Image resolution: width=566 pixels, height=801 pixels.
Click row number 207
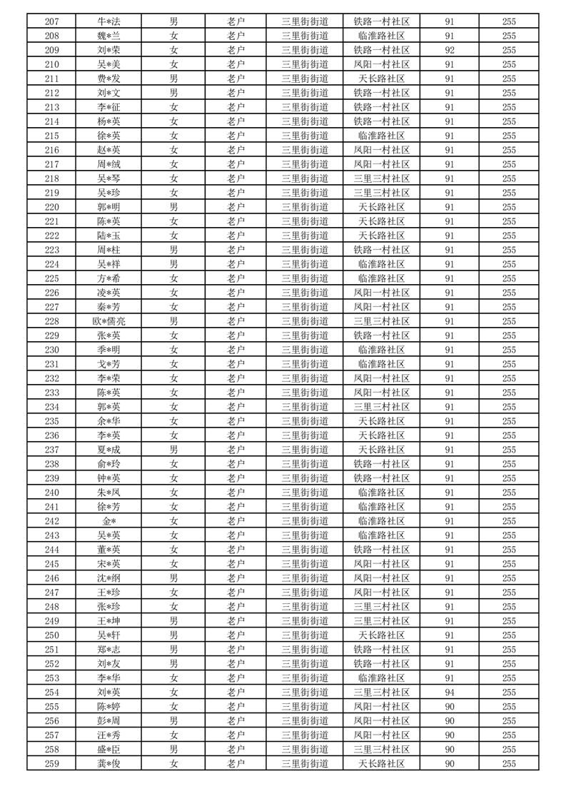(x=51, y=21)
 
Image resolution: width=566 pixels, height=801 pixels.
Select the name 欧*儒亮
(x=109, y=321)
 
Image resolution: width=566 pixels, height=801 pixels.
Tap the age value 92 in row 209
(x=450, y=50)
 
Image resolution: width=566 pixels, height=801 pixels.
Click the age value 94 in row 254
(x=450, y=692)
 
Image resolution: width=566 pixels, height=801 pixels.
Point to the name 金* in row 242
(x=109, y=521)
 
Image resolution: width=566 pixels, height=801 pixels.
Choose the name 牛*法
(x=109, y=21)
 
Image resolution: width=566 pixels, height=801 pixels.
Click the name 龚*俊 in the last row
(x=109, y=764)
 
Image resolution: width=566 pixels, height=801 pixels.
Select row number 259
(x=51, y=764)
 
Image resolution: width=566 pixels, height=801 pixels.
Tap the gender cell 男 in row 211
(x=173, y=79)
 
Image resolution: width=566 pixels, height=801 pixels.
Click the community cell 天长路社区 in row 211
(x=382, y=79)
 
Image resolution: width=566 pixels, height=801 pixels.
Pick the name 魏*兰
(x=109, y=36)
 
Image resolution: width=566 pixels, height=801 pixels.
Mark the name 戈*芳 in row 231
(x=109, y=364)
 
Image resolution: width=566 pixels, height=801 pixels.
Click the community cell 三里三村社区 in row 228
(x=382, y=321)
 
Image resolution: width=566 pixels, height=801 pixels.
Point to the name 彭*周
(x=109, y=721)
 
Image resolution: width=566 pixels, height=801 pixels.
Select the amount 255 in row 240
(x=509, y=493)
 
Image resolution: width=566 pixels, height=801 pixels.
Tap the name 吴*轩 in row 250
(x=109, y=635)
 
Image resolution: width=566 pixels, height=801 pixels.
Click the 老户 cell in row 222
(x=236, y=236)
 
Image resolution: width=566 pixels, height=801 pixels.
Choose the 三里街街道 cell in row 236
(x=305, y=435)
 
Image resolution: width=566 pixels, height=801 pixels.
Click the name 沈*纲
(x=109, y=578)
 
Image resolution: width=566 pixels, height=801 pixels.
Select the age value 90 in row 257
(x=450, y=735)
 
